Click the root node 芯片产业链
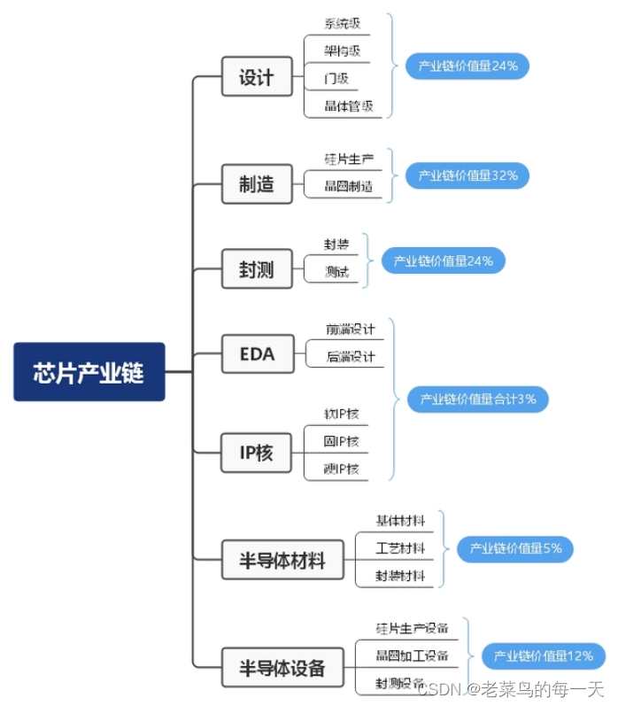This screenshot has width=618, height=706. pos(89,371)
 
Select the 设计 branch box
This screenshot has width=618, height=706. pos(256,77)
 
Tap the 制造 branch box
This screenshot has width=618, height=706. pos(256,184)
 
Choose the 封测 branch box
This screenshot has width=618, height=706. pos(256,270)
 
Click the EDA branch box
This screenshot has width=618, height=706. pos(257,354)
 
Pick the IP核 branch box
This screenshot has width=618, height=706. pos(256,454)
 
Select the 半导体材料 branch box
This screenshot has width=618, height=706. pos(282,561)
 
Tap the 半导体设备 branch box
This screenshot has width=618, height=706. pos(282,668)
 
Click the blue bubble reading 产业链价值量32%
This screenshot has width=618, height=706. pos(467,175)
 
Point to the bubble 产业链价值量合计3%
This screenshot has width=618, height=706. pos(478,400)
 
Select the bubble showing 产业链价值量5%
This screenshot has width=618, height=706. pos(515,548)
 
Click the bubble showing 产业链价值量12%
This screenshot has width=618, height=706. pos(543,656)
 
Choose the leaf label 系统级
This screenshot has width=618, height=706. pos(342,23)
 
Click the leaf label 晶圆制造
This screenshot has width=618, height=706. pos(348,186)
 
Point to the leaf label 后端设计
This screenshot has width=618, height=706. pos(350,356)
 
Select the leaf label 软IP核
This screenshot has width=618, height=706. pos(342,414)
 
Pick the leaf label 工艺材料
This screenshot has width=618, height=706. pos(400,548)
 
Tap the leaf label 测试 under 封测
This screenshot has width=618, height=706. pos(336,272)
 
